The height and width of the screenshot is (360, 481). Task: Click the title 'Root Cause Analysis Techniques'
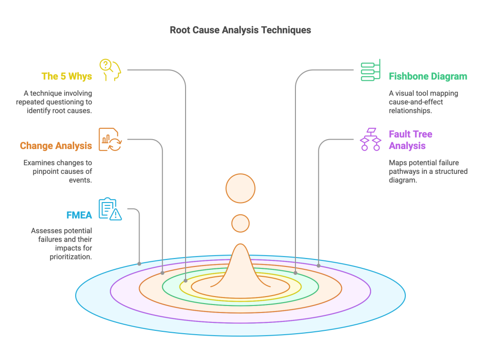[x=240, y=30]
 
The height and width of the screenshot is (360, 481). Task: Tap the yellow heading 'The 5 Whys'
[x=66, y=76]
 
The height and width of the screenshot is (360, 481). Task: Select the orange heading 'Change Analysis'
[x=56, y=146]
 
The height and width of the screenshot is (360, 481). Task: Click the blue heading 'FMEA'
[x=79, y=215]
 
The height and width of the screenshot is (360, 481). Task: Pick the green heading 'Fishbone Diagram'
[x=428, y=77]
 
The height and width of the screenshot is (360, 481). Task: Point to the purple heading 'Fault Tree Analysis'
[x=410, y=140]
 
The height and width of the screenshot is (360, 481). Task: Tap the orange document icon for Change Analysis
[x=110, y=140]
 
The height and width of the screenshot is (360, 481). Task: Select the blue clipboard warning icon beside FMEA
[x=110, y=209]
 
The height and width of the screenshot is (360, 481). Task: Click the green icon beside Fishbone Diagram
[x=371, y=70]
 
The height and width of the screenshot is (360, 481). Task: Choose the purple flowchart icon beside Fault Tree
[x=371, y=140]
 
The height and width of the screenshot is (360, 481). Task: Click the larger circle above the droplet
[x=240, y=188]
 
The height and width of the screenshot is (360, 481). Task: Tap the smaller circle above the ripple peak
[x=240, y=223]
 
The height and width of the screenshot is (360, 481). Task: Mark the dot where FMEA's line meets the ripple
[x=140, y=264]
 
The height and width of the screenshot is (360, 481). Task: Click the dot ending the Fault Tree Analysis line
[x=318, y=266]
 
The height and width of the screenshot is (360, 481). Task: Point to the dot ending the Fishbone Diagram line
[x=295, y=273]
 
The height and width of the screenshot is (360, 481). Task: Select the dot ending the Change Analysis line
[x=163, y=273]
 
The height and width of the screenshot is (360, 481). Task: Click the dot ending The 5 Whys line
[x=186, y=280]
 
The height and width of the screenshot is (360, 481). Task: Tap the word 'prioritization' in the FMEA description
[x=70, y=257]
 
